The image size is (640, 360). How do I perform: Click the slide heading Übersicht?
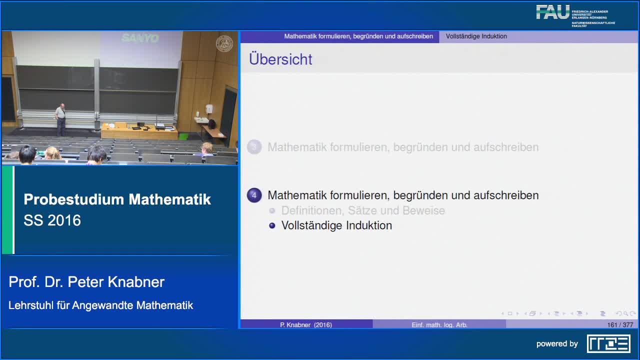tap(280, 59)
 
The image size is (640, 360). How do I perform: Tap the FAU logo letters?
tap(552, 12)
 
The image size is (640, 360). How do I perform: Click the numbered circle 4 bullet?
tap(254, 195)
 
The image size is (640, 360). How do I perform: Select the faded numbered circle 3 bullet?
tap(254, 147)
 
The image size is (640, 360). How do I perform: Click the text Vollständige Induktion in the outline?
tap(336, 225)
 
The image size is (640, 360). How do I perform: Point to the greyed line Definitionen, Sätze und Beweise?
tap(363, 210)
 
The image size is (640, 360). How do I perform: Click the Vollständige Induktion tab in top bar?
tap(476, 36)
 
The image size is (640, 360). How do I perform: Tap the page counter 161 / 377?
tap(620, 325)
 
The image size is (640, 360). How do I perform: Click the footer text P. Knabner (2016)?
tap(306, 325)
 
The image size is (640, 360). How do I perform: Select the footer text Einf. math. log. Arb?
tap(439, 325)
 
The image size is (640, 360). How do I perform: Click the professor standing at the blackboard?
tap(60, 119)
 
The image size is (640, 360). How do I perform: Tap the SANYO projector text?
tap(140, 38)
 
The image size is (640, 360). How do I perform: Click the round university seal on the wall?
tap(224, 44)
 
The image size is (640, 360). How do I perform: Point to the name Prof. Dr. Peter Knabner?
tap(86, 282)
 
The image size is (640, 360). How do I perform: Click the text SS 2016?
tap(52, 220)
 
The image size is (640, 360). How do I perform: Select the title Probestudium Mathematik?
tap(117, 199)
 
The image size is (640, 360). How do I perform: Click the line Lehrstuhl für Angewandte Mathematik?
tap(100, 305)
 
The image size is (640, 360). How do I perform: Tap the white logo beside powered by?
tap(608, 343)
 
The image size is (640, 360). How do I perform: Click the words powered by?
tap(557, 344)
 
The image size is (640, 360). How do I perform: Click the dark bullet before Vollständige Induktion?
tap(272, 225)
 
